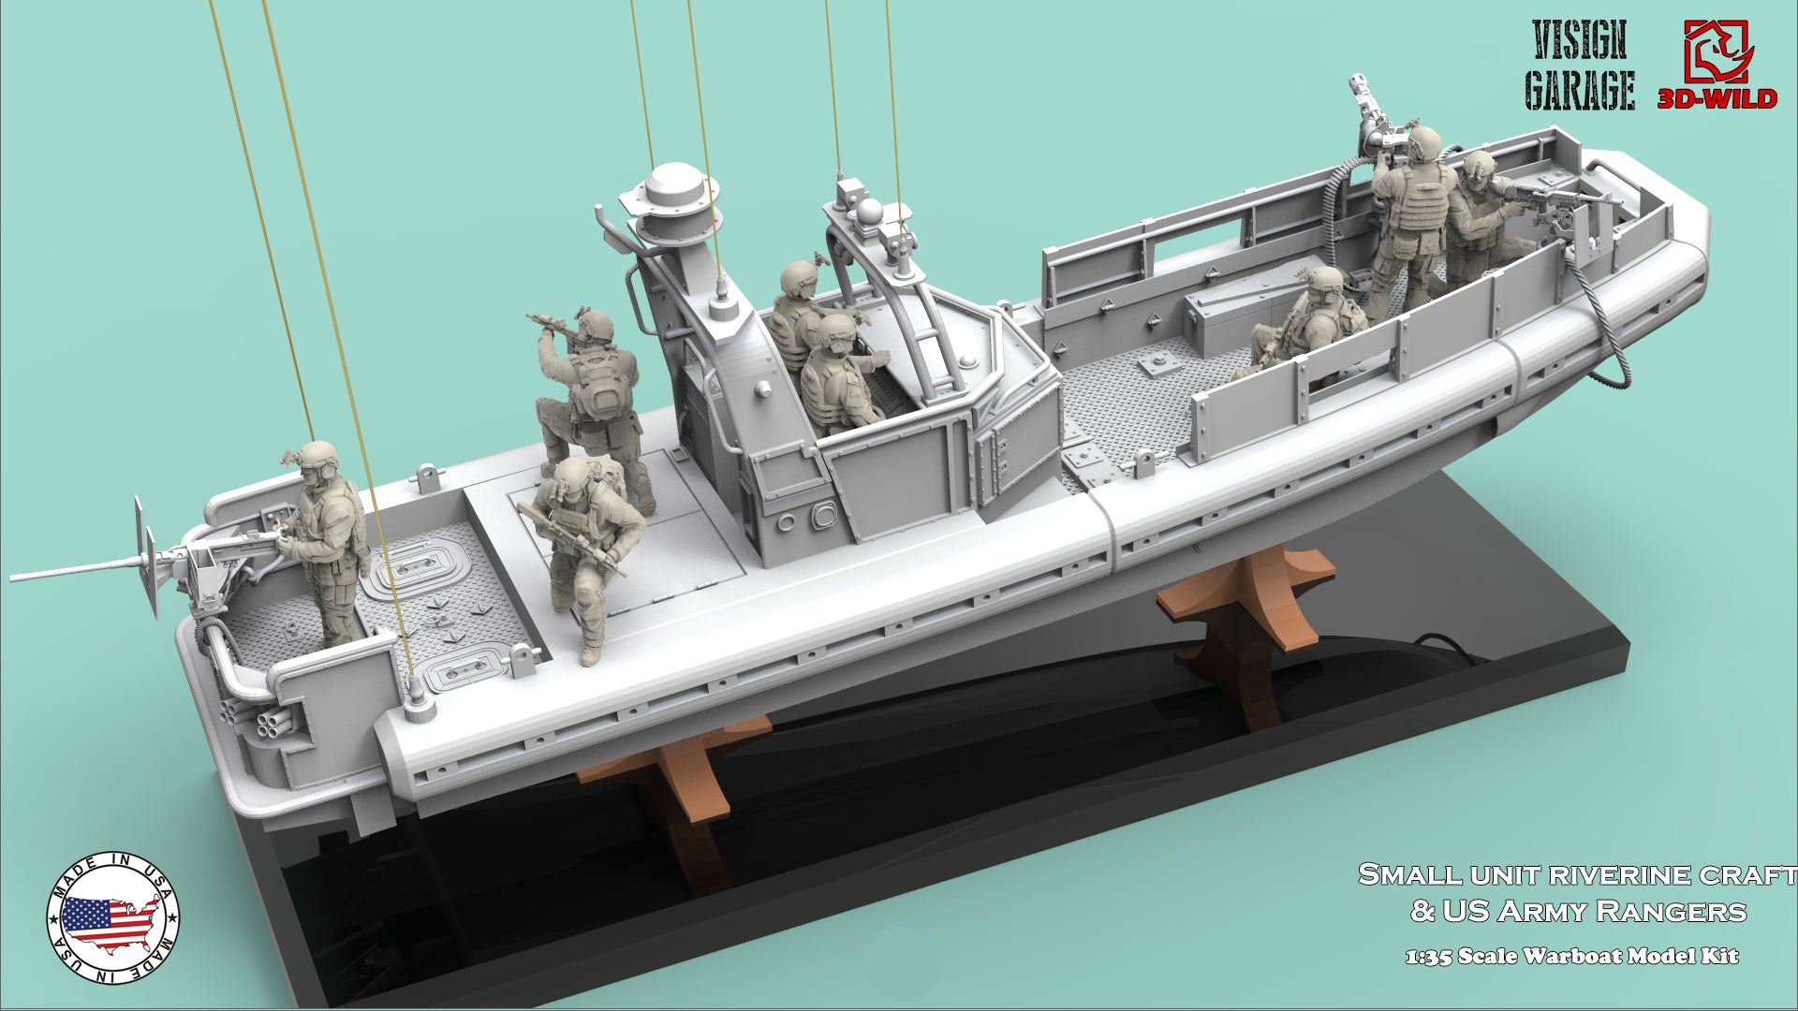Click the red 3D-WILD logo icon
pos(1716,53)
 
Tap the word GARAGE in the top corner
pos(1580,92)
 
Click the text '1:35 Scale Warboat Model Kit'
pos(1571,956)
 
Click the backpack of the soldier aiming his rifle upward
pos(602,386)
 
